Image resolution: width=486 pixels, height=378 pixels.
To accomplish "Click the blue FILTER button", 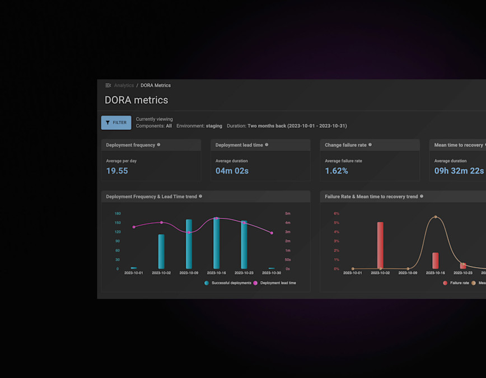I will pyautogui.click(x=116, y=123).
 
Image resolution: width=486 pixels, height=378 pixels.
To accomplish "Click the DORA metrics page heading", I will pyautogui.click(x=136, y=100).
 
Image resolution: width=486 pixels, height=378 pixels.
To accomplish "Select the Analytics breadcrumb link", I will pyautogui.click(x=124, y=86).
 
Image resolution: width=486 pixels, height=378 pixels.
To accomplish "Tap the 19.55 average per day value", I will pyautogui.click(x=117, y=171).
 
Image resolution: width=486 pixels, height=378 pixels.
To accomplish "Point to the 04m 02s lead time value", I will pyautogui.click(x=232, y=171).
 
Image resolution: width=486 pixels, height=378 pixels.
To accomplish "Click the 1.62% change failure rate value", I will pyautogui.click(x=337, y=171).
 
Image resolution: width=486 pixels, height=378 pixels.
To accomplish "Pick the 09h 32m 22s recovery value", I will pyautogui.click(x=459, y=171).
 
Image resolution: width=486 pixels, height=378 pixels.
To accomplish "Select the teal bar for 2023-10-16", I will pyautogui.click(x=216, y=244).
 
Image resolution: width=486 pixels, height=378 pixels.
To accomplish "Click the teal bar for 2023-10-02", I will pyautogui.click(x=161, y=252).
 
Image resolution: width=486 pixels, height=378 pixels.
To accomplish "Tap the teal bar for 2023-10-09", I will pyautogui.click(x=189, y=244).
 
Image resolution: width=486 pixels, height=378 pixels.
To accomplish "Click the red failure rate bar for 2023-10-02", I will pyautogui.click(x=380, y=245).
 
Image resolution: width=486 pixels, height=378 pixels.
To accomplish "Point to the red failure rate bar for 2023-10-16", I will pyautogui.click(x=435, y=261).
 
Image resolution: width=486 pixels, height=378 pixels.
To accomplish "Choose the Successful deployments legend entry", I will pyautogui.click(x=228, y=283).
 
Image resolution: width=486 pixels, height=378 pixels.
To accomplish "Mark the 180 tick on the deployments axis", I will pyautogui.click(x=118, y=213).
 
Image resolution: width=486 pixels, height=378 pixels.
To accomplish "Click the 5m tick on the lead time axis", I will pyautogui.click(x=288, y=213).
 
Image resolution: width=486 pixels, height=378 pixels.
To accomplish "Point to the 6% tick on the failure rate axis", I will pyautogui.click(x=337, y=213).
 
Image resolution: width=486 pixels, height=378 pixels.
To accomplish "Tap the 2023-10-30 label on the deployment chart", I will pyautogui.click(x=272, y=273).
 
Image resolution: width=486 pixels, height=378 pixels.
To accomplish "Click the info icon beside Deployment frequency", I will pyautogui.click(x=158, y=145).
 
